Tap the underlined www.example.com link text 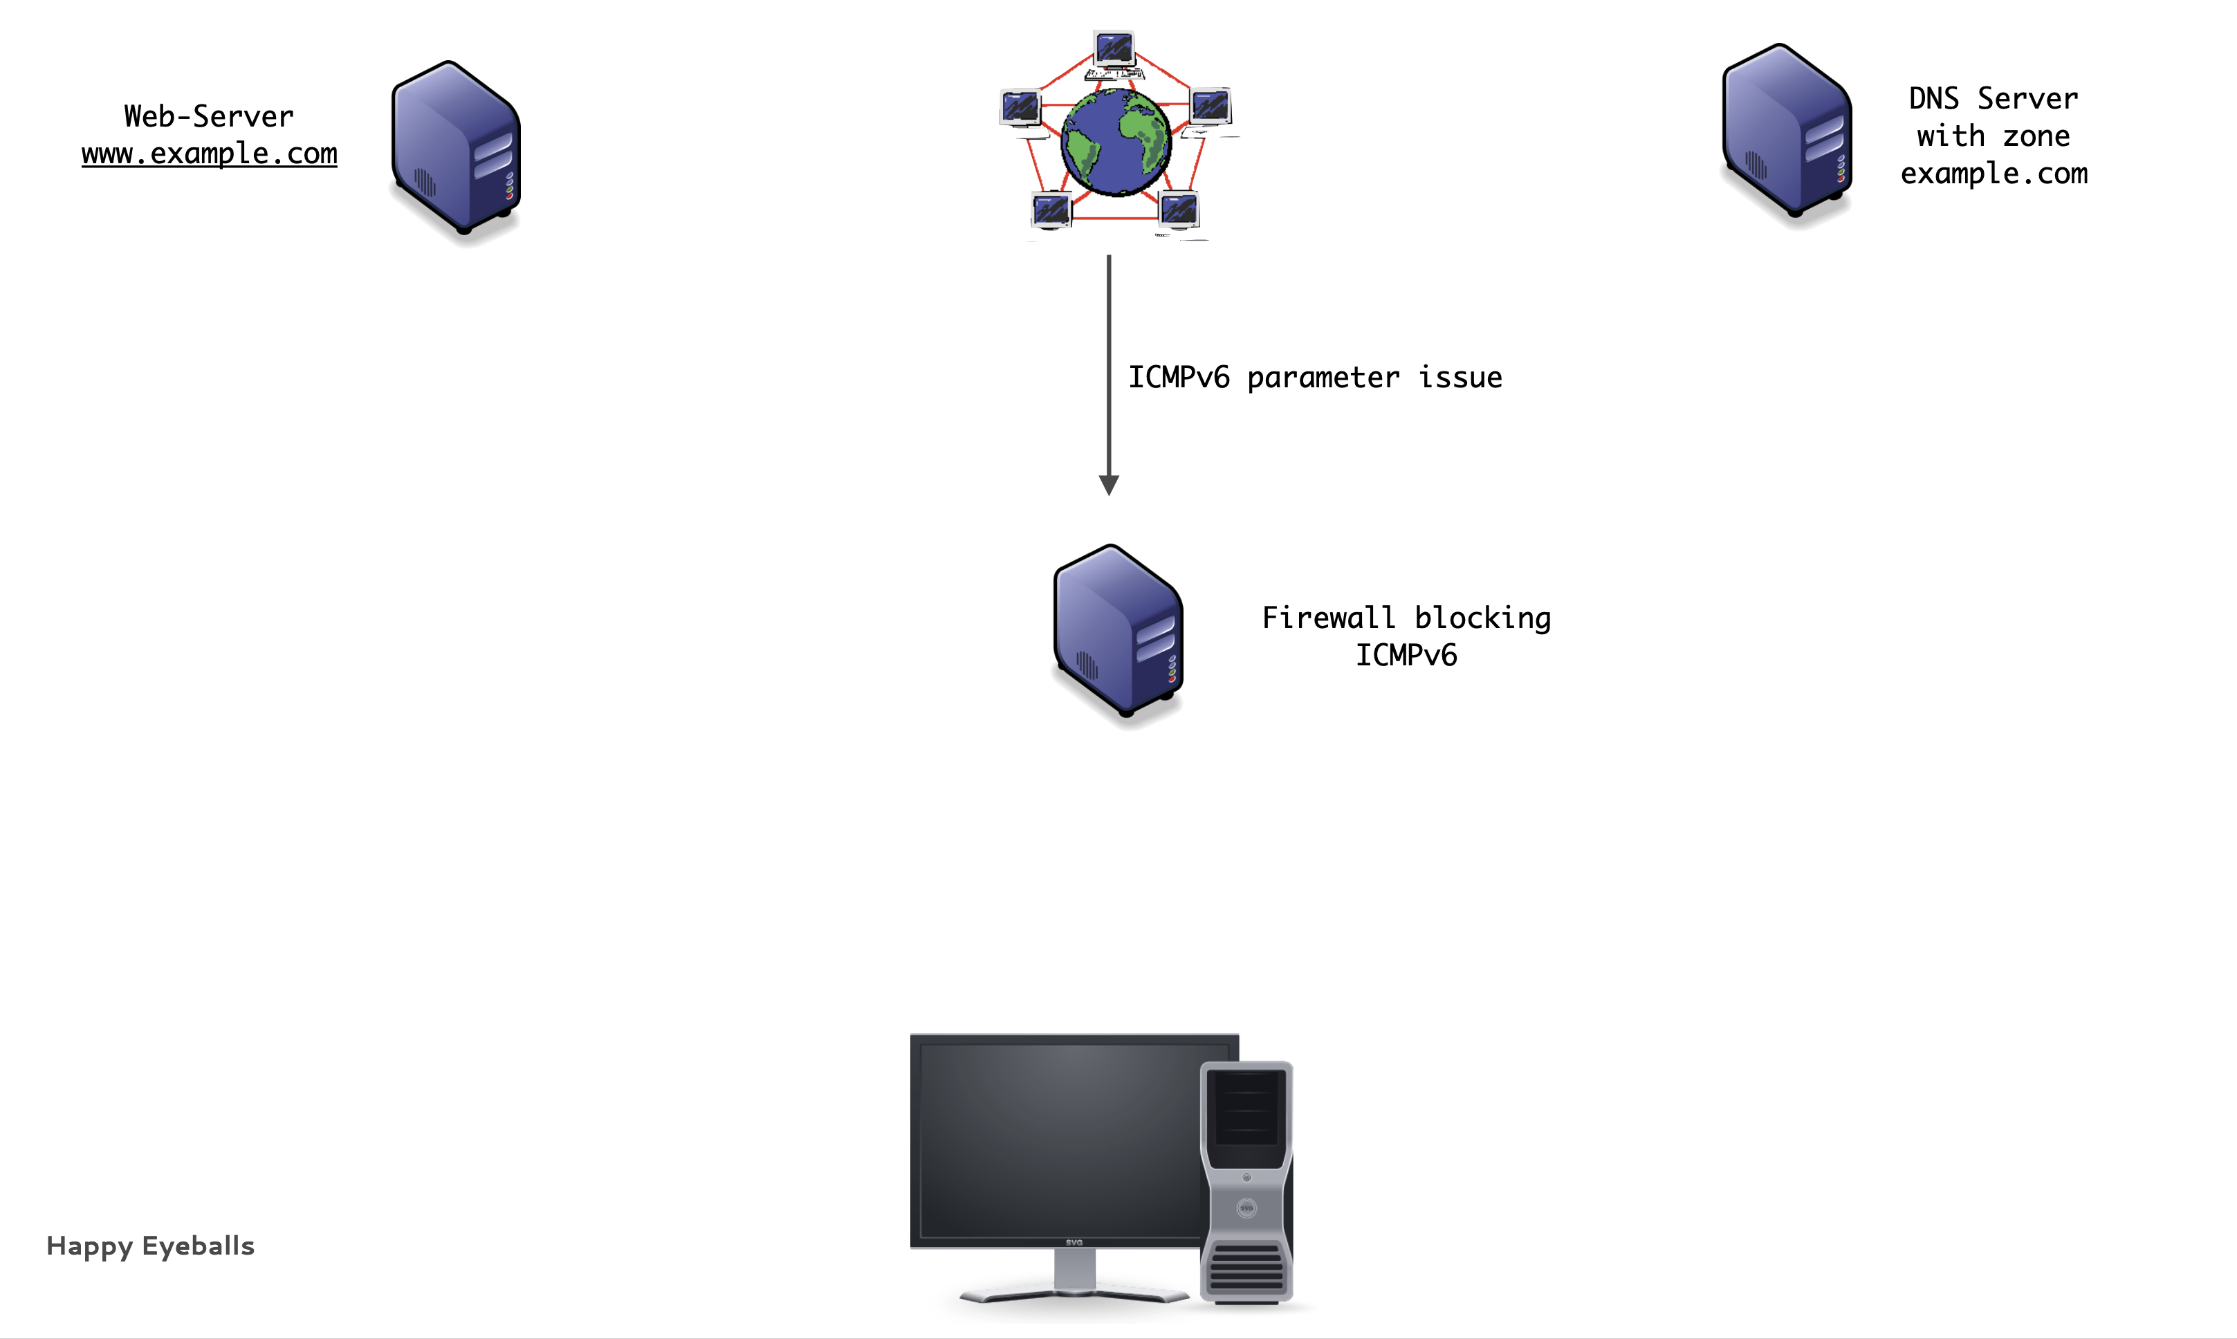tap(210, 154)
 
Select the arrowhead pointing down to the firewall tap(1109, 486)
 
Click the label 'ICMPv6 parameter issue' tap(1315, 377)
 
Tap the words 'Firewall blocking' tap(1406, 618)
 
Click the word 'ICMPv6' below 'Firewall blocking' tap(1406, 655)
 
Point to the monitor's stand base tap(1074, 1295)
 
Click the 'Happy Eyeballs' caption tap(151, 1246)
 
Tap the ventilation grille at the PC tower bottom tap(1246, 1267)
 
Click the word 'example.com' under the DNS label tap(1994, 173)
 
